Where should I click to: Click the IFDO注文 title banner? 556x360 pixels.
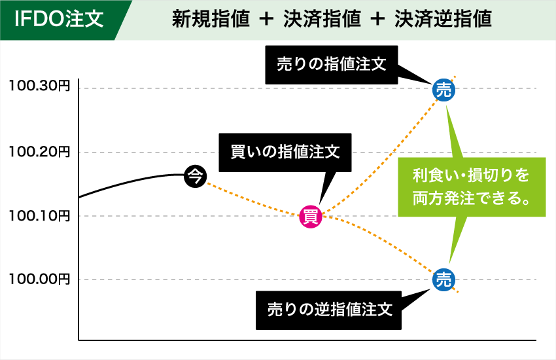pos(59,19)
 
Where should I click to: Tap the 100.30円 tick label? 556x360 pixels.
pos(39,86)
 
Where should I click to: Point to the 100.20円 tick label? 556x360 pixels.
pos(39,151)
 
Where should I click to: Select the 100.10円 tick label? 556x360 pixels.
pos(39,215)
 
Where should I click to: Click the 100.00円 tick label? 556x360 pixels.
pos(39,279)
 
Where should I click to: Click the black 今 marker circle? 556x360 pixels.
pos(195,175)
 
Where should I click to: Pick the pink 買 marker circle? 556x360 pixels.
pos(311,216)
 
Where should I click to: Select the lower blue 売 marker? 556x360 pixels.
pos(443,279)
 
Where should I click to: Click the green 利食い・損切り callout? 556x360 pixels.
pos(471,186)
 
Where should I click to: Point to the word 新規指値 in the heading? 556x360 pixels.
pos(211,20)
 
